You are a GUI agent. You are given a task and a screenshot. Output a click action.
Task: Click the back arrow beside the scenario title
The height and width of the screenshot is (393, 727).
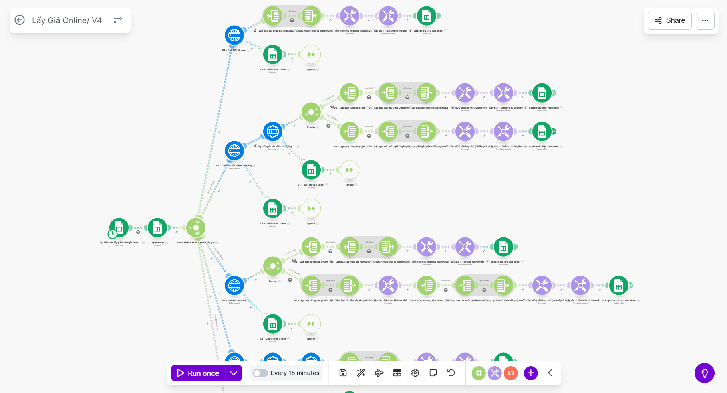tap(20, 20)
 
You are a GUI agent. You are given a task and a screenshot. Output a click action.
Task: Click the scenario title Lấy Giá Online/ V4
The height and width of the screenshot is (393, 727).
tap(67, 20)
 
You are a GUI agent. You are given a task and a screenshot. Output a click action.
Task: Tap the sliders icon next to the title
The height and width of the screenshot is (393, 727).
tap(118, 20)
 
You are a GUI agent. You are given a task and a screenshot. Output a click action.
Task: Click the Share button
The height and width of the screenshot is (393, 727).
tap(669, 20)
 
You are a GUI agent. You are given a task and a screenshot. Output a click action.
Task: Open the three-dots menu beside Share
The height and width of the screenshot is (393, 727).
tap(705, 20)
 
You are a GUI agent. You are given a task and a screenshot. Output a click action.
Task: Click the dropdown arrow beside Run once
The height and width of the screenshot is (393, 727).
tap(234, 373)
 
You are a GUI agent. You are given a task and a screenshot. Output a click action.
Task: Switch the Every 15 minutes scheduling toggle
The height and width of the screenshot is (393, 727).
tap(260, 373)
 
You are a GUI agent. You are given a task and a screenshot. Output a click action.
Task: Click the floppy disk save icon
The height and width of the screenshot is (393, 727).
tap(343, 373)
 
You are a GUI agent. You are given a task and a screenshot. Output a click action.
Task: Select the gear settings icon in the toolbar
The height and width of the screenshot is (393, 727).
tap(415, 373)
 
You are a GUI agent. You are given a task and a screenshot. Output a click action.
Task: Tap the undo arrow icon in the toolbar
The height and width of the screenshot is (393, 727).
tap(451, 373)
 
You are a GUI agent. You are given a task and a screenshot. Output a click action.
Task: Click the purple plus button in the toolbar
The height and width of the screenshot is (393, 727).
tap(530, 373)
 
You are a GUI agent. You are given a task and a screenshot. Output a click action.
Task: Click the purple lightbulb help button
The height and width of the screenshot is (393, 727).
tap(704, 373)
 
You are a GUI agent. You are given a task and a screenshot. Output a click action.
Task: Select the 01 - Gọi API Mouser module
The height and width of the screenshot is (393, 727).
tap(234, 35)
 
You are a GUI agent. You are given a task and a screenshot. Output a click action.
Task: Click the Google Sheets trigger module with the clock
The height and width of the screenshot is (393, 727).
tap(119, 228)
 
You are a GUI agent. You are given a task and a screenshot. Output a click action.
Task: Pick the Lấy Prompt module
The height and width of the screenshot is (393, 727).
tap(157, 228)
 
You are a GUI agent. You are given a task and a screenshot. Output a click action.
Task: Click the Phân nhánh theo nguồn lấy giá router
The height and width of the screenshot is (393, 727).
tap(196, 228)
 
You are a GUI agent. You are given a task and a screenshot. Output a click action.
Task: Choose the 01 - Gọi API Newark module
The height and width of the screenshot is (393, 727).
tap(234, 286)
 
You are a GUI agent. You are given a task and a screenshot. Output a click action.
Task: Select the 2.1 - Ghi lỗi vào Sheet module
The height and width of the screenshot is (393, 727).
tap(311, 170)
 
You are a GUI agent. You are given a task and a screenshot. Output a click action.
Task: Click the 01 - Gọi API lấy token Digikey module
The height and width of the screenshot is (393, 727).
tap(234, 151)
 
